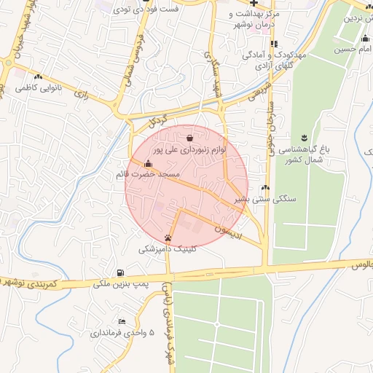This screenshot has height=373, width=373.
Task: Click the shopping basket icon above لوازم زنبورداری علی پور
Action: (189, 137)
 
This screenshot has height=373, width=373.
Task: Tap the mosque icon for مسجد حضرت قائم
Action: (149, 163)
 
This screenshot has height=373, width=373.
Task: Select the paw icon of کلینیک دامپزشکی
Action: (168, 237)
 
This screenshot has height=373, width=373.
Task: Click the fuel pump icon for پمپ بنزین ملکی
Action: (120, 272)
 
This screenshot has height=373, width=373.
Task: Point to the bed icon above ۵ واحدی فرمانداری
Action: (122, 321)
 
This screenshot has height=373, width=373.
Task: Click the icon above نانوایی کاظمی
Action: (38, 76)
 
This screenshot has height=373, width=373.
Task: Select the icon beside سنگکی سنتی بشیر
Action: (265, 188)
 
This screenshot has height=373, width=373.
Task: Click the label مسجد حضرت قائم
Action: (147, 176)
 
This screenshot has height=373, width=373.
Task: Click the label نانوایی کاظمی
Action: (39, 88)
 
